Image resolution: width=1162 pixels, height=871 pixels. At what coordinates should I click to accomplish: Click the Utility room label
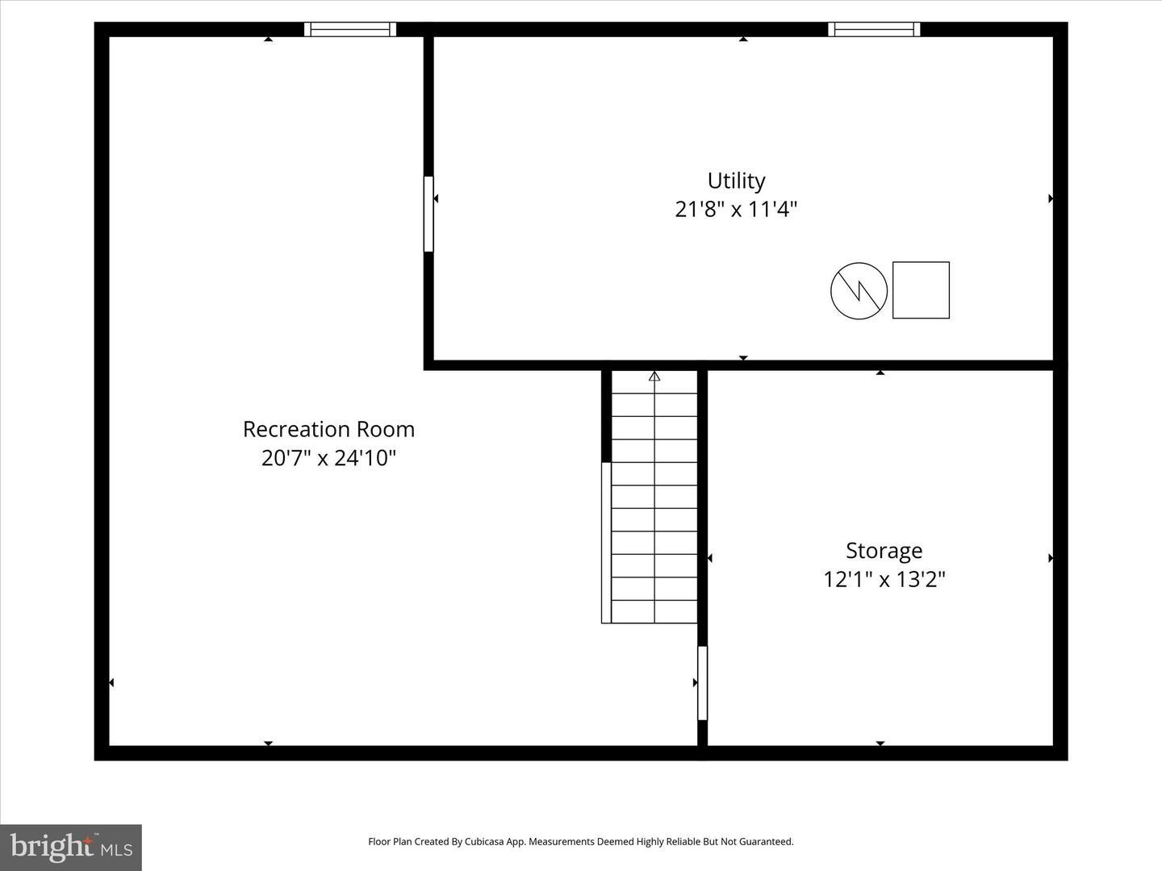coord(736,181)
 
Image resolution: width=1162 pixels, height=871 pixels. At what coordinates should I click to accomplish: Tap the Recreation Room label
coord(328,429)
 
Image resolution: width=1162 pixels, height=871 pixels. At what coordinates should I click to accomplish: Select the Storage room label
coord(884,551)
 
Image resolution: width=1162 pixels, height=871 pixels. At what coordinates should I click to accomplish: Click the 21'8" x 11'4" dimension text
coord(736,210)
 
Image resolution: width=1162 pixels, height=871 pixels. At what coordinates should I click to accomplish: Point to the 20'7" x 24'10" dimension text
coord(328,458)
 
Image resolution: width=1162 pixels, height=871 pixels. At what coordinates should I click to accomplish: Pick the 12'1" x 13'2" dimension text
coord(884,579)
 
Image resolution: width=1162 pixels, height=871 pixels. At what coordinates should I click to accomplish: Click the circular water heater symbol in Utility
coord(859,290)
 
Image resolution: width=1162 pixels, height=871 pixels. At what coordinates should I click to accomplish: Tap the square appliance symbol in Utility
coord(921,290)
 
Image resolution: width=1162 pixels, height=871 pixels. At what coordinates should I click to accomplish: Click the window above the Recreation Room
coord(350,30)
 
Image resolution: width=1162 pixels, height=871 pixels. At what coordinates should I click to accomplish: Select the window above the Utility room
coord(874,30)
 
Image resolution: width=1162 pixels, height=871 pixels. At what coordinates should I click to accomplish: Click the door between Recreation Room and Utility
coord(428,214)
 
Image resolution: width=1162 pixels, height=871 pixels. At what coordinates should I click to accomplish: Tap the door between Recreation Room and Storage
coord(702,682)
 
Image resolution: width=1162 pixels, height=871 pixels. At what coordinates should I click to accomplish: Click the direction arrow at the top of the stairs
coord(654,376)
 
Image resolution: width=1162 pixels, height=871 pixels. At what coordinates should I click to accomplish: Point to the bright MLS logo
coord(71,847)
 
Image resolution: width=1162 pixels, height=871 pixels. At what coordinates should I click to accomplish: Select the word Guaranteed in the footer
coord(768,842)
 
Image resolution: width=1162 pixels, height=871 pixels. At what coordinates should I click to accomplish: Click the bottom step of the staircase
coord(654,611)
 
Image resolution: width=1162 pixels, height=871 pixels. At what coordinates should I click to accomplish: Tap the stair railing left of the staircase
coord(606,542)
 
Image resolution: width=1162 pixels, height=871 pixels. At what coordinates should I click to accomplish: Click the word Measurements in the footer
coord(561,842)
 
